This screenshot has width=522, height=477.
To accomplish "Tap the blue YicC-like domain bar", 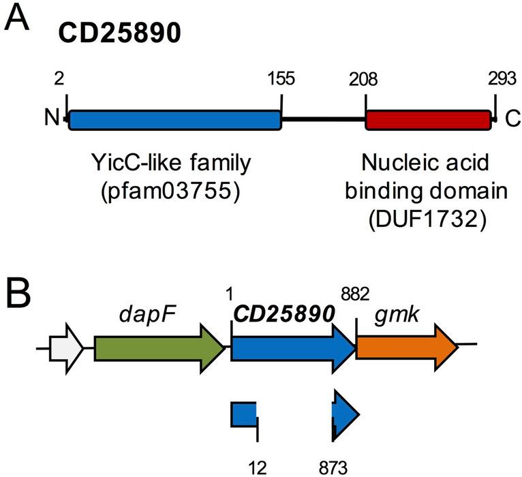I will coord(174,120).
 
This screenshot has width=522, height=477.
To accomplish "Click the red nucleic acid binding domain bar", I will coord(428,120).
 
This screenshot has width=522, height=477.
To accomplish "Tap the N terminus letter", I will coord(52,120).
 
